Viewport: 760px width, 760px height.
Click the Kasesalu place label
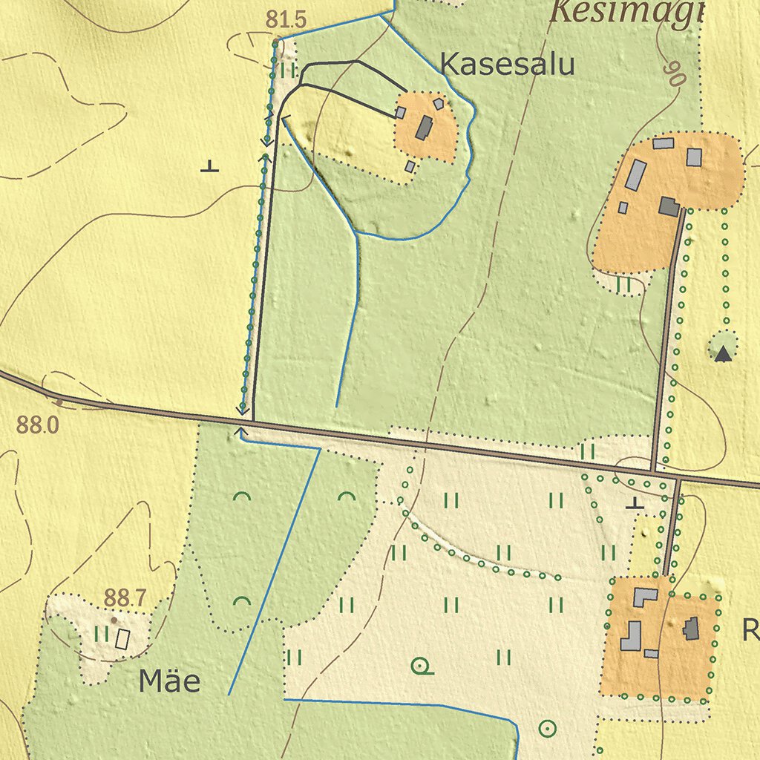click(x=508, y=65)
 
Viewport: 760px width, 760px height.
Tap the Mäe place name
click(x=169, y=681)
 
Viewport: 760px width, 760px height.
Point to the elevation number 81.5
click(x=286, y=21)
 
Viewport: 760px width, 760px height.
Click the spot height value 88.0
click(x=37, y=425)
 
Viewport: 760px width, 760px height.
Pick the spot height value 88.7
click(x=125, y=597)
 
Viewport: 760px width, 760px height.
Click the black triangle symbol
click(x=723, y=354)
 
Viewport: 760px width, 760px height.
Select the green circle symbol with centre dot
click(x=547, y=729)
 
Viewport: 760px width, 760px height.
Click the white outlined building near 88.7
click(x=122, y=639)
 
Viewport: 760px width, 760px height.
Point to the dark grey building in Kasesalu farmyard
click(x=424, y=128)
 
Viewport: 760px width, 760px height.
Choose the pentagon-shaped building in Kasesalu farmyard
click(x=439, y=104)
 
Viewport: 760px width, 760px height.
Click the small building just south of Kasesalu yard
click(x=410, y=166)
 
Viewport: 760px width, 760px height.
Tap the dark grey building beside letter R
click(x=692, y=629)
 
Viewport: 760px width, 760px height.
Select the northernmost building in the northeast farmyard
click(x=664, y=142)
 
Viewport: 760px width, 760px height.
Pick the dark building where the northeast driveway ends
click(x=669, y=206)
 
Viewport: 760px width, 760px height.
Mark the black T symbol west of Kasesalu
click(x=210, y=166)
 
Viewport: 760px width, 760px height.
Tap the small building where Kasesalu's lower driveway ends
click(x=400, y=113)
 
